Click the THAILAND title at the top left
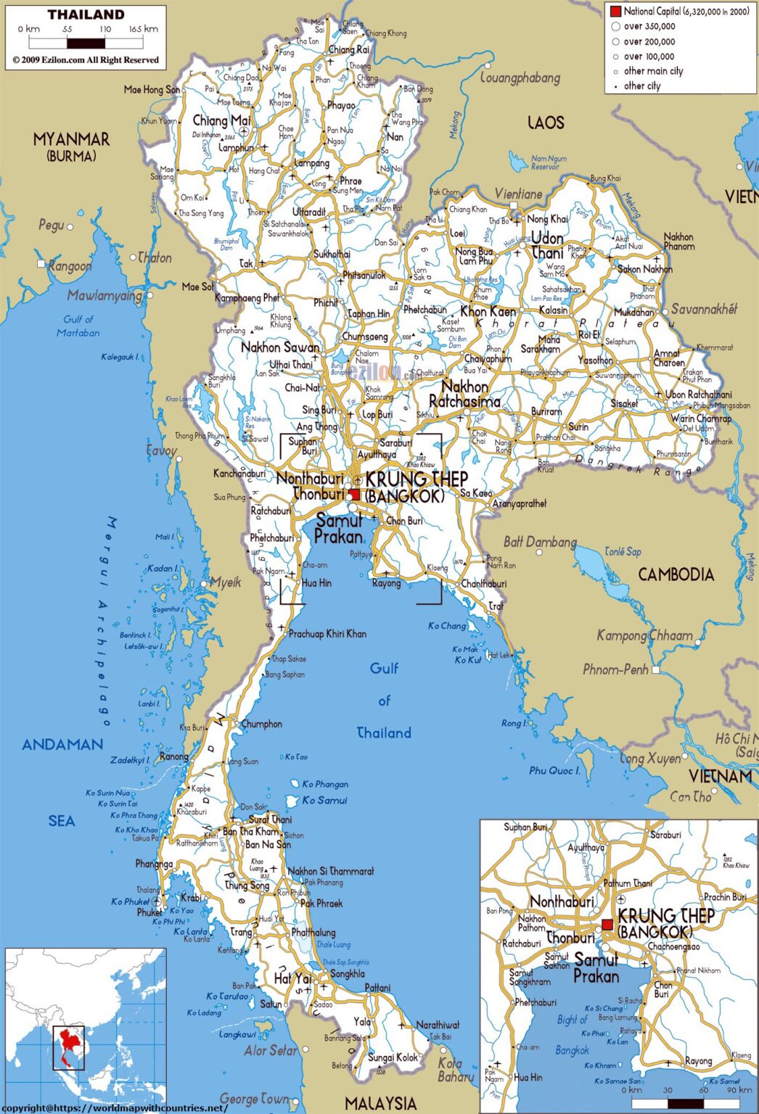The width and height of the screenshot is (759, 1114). tap(86, 14)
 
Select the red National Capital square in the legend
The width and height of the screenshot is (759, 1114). tap(615, 12)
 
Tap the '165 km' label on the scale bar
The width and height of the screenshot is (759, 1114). tap(143, 29)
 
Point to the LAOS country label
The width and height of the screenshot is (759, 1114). tap(546, 123)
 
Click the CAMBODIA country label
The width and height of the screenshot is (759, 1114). tap(676, 574)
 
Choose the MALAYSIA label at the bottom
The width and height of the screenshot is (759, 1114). tap(380, 1103)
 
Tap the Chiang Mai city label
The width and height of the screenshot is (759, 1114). tap(221, 120)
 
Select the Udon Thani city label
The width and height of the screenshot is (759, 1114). tap(547, 245)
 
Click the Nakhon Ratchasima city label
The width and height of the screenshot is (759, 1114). tap(464, 394)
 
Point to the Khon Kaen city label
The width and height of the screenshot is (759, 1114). tap(488, 312)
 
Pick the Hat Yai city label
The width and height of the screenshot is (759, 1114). tap(292, 978)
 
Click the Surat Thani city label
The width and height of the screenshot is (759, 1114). tap(270, 820)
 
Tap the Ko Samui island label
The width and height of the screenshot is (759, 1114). tap(324, 800)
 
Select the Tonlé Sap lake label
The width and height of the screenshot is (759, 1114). tap(623, 552)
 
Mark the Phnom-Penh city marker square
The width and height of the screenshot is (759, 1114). tap(656, 669)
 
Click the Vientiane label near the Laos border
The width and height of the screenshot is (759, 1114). tap(518, 194)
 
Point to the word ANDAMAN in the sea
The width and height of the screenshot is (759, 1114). tap(62, 744)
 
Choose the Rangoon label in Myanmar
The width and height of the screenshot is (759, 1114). tap(70, 266)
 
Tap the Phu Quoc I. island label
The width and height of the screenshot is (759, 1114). tap(554, 770)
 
